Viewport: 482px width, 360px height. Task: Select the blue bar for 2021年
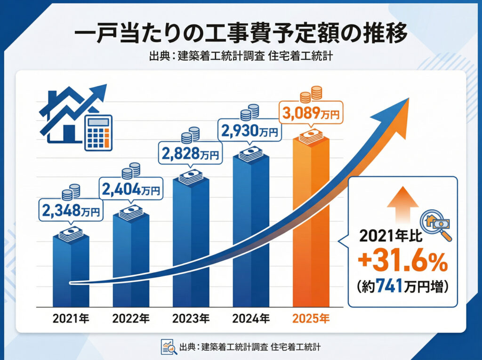(71, 273)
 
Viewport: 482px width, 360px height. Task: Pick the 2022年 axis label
(131, 319)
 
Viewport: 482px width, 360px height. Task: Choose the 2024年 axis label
(251, 319)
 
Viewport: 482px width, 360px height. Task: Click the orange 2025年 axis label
(311, 319)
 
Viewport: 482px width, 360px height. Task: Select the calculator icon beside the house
(98, 133)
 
